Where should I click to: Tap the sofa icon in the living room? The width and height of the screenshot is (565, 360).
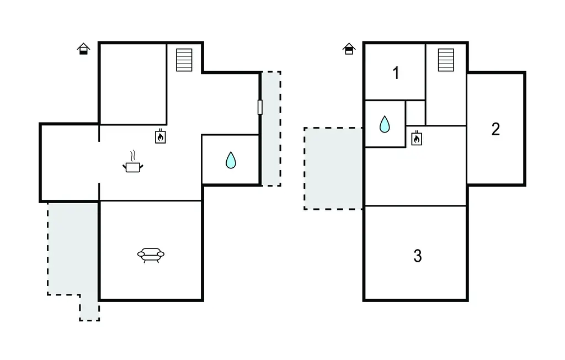click(x=151, y=255)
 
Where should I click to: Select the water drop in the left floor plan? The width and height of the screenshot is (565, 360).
click(x=231, y=160)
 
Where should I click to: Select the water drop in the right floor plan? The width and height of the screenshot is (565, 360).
click(x=385, y=124)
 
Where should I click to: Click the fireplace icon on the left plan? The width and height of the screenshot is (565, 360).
click(x=161, y=136)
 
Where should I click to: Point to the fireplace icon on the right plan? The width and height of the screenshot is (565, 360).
click(x=417, y=138)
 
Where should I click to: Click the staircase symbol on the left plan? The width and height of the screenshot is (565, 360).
click(x=184, y=60)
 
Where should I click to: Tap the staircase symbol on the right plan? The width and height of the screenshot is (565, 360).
click(x=446, y=60)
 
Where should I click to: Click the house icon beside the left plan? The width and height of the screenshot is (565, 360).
click(x=84, y=49)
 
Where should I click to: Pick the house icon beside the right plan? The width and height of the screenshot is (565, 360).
click(x=349, y=49)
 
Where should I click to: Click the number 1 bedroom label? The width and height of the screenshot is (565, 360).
click(x=396, y=73)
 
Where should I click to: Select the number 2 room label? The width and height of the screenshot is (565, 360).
click(x=495, y=129)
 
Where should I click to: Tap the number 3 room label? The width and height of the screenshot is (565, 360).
click(x=417, y=256)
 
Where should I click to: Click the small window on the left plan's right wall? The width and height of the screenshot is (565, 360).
click(x=260, y=107)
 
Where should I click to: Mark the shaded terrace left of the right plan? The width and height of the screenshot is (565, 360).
click(x=333, y=168)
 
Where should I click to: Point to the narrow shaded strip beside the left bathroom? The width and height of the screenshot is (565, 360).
click(x=271, y=129)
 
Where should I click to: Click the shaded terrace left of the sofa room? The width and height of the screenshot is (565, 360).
click(x=73, y=249)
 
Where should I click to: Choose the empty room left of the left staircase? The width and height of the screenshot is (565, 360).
click(x=133, y=84)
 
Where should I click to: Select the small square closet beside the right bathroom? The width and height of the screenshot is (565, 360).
click(x=415, y=113)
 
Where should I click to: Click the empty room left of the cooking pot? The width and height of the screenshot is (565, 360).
click(x=70, y=163)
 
